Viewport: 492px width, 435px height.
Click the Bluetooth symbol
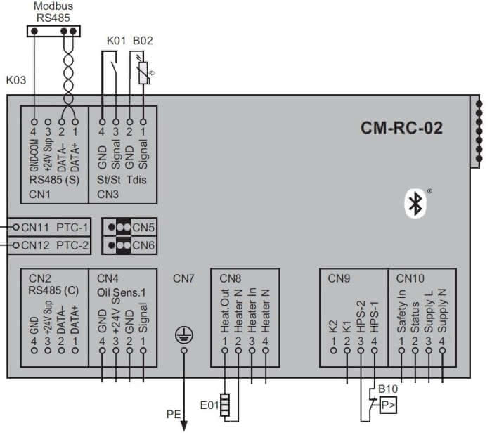tap(415, 203)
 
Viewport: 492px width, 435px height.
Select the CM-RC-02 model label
tap(402, 129)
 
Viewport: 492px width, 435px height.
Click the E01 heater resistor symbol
tap(225, 405)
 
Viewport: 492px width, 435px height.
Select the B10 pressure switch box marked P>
tap(387, 405)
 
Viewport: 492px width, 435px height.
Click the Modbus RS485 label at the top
tap(53, 12)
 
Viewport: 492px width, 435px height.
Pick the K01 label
tap(116, 40)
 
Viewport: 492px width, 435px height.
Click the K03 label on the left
tap(15, 80)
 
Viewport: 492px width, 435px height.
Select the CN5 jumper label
tap(144, 227)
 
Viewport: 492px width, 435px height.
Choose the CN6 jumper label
tap(144, 245)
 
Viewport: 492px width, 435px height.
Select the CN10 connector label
tap(410, 278)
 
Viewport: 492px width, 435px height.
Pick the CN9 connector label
tap(339, 278)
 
